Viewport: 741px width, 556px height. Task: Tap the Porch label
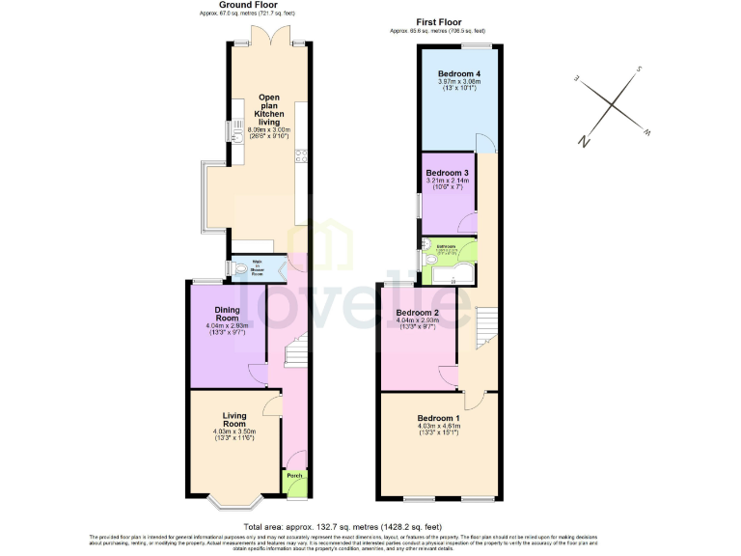pyautogui.click(x=293, y=475)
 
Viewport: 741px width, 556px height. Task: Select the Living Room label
pyautogui.click(x=234, y=420)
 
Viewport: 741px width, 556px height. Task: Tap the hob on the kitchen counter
pyautogui.click(x=300, y=154)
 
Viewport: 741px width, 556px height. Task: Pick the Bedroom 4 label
pyautogui.click(x=459, y=74)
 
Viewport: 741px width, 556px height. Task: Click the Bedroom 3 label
pyautogui.click(x=447, y=173)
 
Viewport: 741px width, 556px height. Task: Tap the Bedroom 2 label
pyautogui.click(x=418, y=313)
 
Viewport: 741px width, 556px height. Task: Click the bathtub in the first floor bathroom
pyautogui.click(x=453, y=275)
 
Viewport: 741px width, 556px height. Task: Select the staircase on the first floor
pyautogui.click(x=487, y=328)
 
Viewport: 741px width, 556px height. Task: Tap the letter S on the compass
pyautogui.click(x=638, y=69)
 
